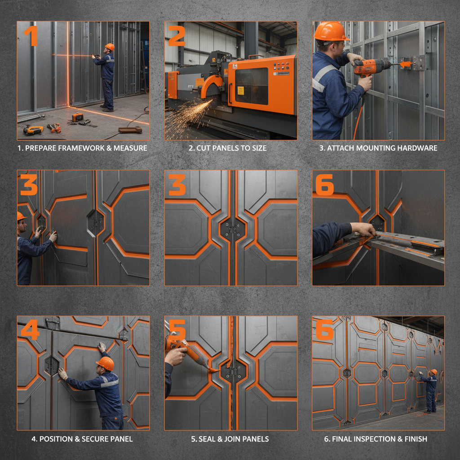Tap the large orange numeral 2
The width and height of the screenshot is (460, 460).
176,36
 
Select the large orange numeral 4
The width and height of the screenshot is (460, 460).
30,330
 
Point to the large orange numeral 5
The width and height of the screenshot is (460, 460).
177,331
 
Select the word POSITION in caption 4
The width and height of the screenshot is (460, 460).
57,439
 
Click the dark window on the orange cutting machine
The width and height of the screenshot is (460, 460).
251,85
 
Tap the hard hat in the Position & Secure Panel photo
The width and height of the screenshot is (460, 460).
106,363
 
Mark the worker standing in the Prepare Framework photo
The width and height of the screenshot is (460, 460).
107,76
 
